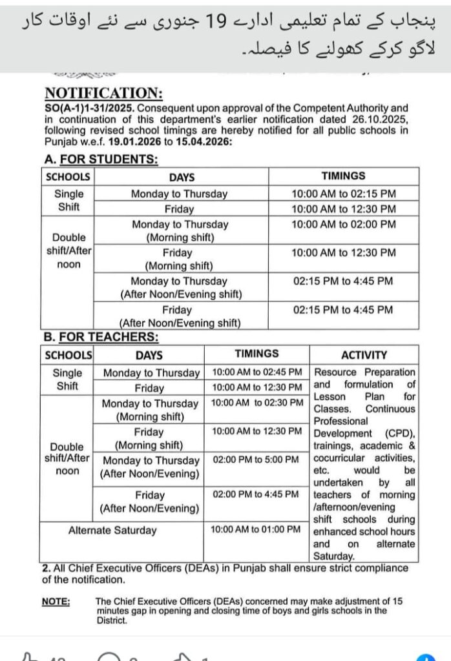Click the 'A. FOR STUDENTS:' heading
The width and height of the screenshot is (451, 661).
point(101,159)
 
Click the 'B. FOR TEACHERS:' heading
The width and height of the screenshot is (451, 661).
point(100,336)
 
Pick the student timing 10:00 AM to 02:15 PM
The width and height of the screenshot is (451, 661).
point(343,193)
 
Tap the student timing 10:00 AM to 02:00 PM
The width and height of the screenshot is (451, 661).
point(343,224)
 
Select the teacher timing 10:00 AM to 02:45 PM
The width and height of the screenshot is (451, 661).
point(257,372)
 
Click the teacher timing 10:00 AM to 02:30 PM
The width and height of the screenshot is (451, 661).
point(257,402)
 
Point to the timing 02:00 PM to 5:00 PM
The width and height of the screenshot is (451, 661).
point(257,460)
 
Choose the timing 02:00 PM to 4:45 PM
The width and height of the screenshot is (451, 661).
point(257,494)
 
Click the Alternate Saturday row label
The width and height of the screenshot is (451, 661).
point(112,530)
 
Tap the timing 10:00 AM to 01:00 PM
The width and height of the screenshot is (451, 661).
point(256,529)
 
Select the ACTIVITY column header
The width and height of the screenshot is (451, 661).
point(364,354)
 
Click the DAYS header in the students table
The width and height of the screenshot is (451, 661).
point(182,177)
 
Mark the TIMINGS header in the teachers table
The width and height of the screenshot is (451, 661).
point(257,354)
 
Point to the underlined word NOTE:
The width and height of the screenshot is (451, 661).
point(56,601)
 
